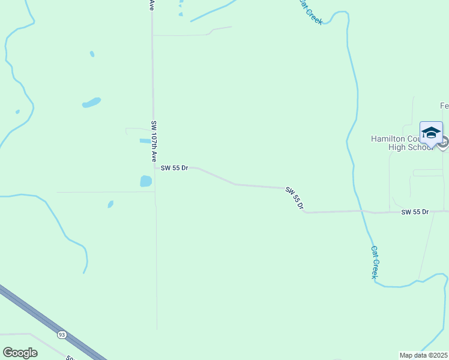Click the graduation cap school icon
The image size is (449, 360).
(431, 132)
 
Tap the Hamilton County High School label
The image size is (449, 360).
(401, 143)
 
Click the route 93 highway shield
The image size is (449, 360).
(62, 334)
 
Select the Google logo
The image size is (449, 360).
(20, 353)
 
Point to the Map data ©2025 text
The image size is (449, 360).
(424, 355)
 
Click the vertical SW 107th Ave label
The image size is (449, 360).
(154, 140)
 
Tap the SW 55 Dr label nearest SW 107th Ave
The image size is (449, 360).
(175, 168)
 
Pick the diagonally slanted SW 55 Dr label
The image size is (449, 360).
(294, 198)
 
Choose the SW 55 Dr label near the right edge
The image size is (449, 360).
(415, 212)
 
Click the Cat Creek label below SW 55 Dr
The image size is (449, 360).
(374, 262)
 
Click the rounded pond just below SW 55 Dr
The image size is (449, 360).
(145, 181)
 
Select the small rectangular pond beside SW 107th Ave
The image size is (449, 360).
(145, 141)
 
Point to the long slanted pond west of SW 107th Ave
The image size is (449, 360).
(91, 103)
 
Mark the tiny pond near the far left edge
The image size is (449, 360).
(17, 111)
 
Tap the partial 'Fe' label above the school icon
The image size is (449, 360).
(444, 106)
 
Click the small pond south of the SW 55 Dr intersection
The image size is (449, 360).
(110, 205)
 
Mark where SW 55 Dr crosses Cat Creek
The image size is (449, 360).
(362, 211)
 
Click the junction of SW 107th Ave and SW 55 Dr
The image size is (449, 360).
(155, 168)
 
